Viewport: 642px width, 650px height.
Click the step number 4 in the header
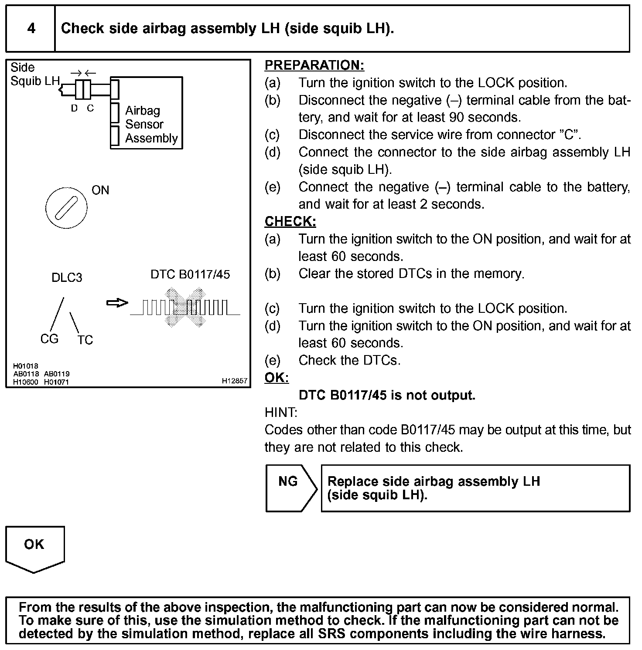click(x=31, y=29)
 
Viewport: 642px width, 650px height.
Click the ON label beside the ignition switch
click(x=100, y=190)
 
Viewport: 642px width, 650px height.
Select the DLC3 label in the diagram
click(x=67, y=278)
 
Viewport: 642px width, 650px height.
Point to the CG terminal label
click(x=49, y=339)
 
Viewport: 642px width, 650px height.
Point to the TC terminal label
click(x=85, y=340)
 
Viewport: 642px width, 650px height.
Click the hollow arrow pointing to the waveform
click(x=117, y=303)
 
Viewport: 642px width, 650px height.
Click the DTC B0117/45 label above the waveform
click(x=190, y=274)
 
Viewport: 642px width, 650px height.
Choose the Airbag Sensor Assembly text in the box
click(x=151, y=124)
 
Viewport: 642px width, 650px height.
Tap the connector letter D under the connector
click(x=75, y=108)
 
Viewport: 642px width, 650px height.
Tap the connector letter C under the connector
click(x=90, y=108)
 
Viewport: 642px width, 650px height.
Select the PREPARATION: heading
click(x=314, y=65)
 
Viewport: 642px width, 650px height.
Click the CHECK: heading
click(x=290, y=222)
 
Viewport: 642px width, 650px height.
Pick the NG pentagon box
click(x=290, y=488)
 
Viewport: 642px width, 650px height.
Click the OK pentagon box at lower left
click(x=34, y=548)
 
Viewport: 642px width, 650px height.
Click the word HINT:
click(x=281, y=413)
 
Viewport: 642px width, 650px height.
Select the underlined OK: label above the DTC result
click(x=277, y=378)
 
